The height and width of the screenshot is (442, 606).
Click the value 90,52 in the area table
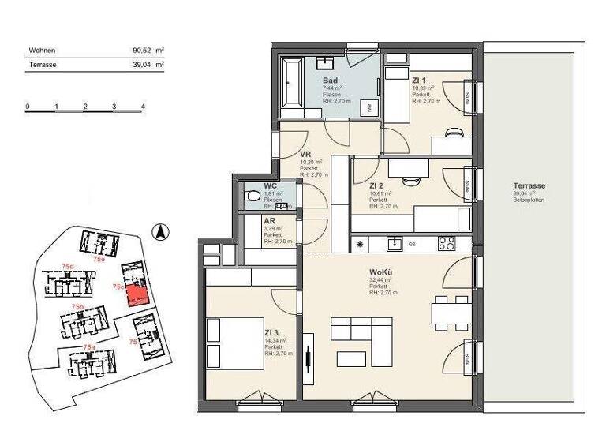(141, 50)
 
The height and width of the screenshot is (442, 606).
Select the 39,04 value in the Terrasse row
(141, 65)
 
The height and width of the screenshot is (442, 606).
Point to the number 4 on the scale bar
(143, 105)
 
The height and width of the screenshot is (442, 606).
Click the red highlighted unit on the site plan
(137, 296)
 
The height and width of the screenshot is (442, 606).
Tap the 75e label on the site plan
(99, 258)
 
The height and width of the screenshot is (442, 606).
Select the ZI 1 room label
(419, 80)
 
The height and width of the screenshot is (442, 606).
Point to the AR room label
(269, 222)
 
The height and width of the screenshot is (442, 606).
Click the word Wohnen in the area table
(42, 50)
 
